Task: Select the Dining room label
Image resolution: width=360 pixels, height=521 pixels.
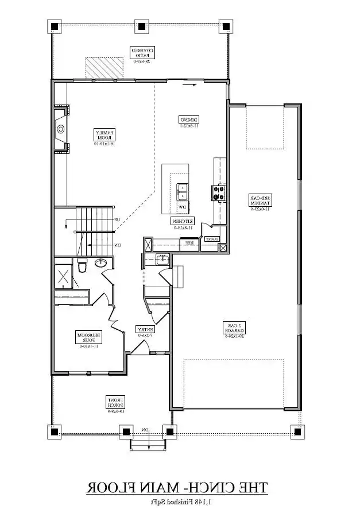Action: [x=189, y=121]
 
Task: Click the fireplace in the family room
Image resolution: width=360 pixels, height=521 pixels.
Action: [x=61, y=129]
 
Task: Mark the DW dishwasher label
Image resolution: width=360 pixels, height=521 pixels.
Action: [x=182, y=207]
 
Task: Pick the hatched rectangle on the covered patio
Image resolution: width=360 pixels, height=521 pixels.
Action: [x=104, y=67]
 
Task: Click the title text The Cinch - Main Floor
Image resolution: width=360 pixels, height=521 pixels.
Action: [x=177, y=489]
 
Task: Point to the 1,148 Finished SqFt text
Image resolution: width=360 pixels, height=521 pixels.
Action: [x=177, y=503]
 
